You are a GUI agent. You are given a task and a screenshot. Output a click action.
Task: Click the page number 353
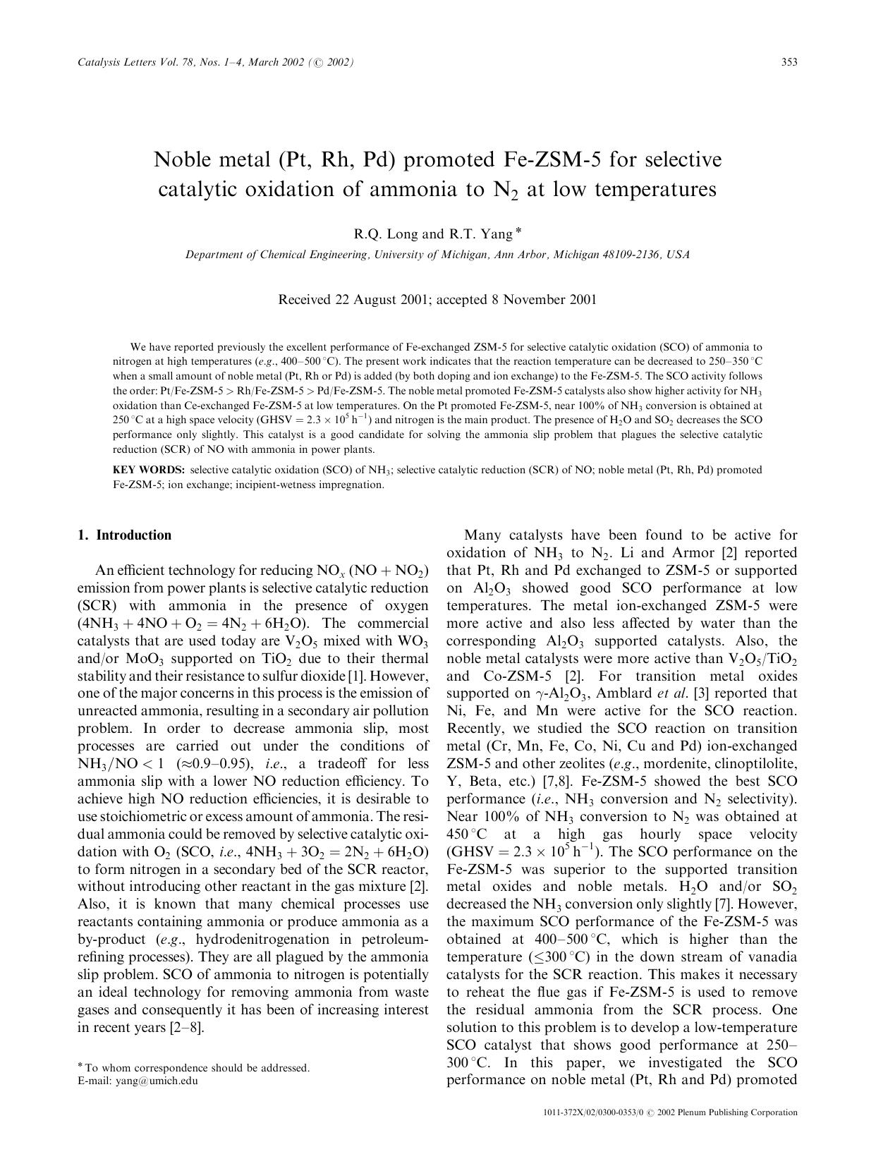[x=789, y=62]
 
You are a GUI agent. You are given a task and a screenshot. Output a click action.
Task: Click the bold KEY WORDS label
[x=149, y=470]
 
